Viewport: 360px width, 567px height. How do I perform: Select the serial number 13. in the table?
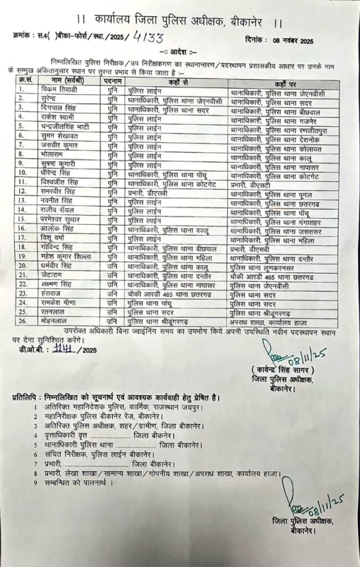[x=23, y=201]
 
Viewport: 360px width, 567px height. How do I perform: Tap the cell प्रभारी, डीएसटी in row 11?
[x=247, y=182]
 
